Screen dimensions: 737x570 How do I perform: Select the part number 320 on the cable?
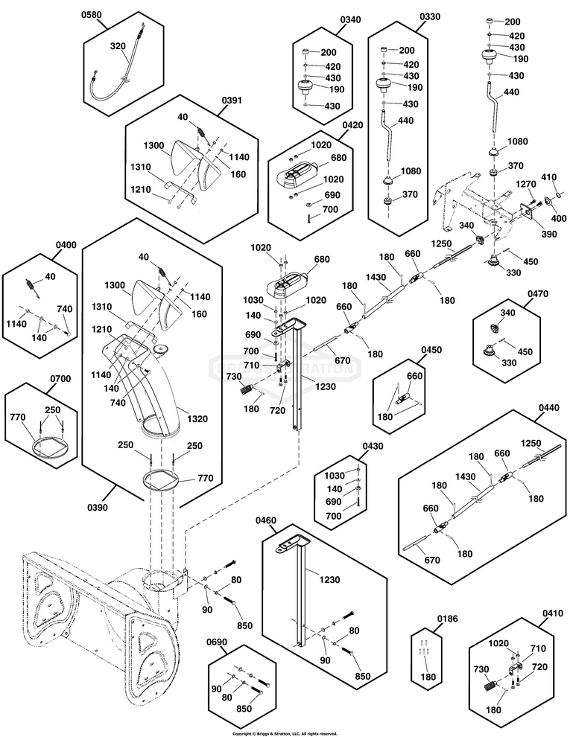[x=118, y=45]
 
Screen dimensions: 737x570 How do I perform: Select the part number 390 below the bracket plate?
[x=528, y=234]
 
